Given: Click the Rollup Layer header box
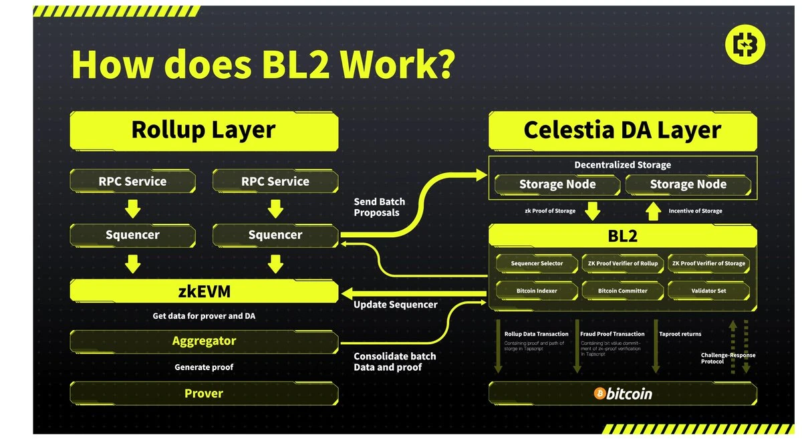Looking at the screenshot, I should pyautogui.click(x=204, y=130).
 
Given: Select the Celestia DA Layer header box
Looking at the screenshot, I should pyautogui.click(x=622, y=130).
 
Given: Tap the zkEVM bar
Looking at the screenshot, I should pyautogui.click(x=204, y=291).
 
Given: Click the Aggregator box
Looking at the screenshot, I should pyautogui.click(x=204, y=341).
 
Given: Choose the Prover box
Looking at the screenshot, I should pyautogui.click(x=204, y=394).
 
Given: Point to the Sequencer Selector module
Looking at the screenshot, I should pyautogui.click(x=537, y=263).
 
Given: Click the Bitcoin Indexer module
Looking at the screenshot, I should pyautogui.click(x=537, y=291).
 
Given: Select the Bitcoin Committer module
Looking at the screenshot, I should pyautogui.click(x=622, y=291).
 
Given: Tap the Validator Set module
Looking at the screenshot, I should pyautogui.click(x=708, y=291).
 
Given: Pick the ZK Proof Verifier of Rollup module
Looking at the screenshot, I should pyautogui.click(x=622, y=263).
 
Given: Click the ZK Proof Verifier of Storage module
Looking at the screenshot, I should pyautogui.click(x=708, y=263).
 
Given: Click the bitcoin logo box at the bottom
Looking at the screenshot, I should pyautogui.click(x=622, y=394).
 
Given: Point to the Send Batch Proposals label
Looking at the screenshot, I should pyautogui.click(x=379, y=207).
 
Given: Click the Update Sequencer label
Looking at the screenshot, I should pyautogui.click(x=395, y=305).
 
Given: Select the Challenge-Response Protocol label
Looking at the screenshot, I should pyautogui.click(x=728, y=359).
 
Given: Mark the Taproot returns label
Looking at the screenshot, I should pyautogui.click(x=680, y=334).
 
